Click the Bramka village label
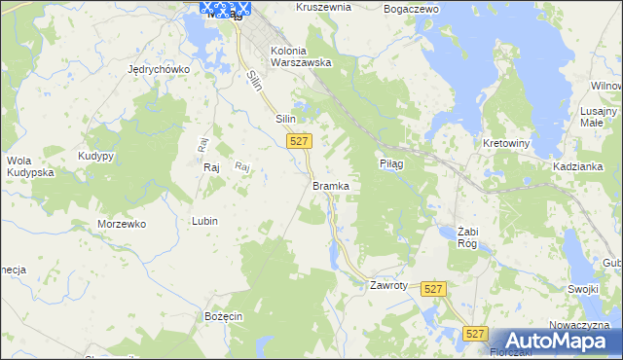coord(331,185)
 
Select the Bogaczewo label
coord(413,8)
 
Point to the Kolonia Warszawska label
coord(301,56)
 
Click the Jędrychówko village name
coord(159,70)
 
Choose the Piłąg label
coord(391,164)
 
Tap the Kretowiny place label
coord(506,143)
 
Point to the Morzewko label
coord(122,224)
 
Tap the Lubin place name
coord(204,221)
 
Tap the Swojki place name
coord(583,288)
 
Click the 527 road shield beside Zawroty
coord(434,289)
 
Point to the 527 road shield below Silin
coord(300,141)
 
